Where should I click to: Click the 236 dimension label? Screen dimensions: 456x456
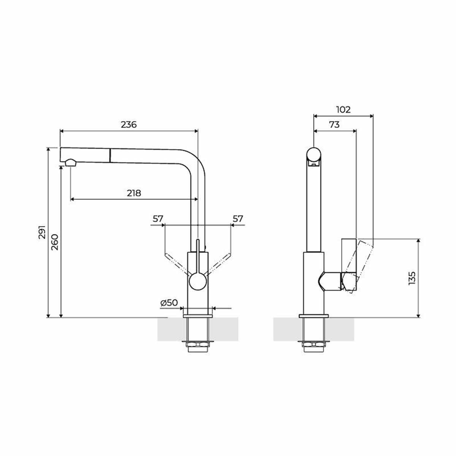tap(128, 124)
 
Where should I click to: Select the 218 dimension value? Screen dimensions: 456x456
tap(134, 193)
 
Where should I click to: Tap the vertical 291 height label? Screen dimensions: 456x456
tap(42, 232)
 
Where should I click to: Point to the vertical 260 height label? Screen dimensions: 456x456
tap(54, 242)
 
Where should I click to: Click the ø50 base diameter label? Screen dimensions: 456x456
tap(169, 302)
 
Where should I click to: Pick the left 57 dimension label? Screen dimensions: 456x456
tap(158, 219)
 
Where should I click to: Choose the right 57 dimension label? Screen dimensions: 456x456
tap(237, 219)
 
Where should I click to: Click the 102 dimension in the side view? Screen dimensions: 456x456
tap(343, 109)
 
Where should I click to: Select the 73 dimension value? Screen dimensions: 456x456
tap(334, 125)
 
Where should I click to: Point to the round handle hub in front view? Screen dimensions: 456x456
tap(198, 283)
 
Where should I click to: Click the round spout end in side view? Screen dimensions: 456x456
tap(314, 155)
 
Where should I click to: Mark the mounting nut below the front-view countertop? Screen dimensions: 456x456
tap(197, 345)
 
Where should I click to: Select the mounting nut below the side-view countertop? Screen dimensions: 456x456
tap(313, 345)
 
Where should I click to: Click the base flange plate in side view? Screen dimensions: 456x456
tap(313, 315)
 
